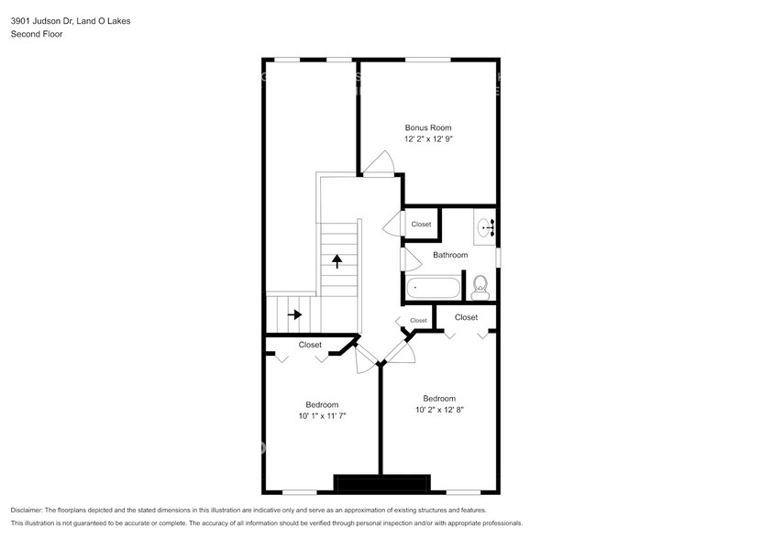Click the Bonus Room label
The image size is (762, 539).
click(x=428, y=127)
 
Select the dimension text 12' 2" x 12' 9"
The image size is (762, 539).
click(x=428, y=139)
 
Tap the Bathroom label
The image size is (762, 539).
click(x=450, y=255)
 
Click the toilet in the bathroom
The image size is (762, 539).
click(x=480, y=288)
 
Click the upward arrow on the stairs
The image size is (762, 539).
click(x=337, y=260)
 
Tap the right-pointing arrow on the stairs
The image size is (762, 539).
click(x=294, y=314)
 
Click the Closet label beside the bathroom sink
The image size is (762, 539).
click(x=421, y=224)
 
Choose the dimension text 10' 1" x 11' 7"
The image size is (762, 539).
click(x=322, y=416)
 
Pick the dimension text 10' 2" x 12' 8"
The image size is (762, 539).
click(x=439, y=410)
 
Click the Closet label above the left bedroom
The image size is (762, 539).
click(x=310, y=345)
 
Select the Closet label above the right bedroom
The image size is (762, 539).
click(x=466, y=317)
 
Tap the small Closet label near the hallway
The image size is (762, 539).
click(x=418, y=320)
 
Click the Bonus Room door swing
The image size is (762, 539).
click(x=378, y=163)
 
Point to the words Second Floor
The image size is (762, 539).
click(x=34, y=34)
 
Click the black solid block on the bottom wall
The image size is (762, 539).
click(x=381, y=483)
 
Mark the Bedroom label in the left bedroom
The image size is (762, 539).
click(x=322, y=404)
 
